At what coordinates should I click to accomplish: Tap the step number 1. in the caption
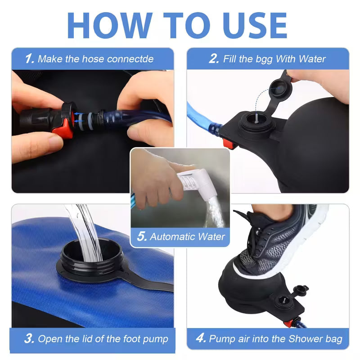[29, 59]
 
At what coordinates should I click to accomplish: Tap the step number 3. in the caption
[30, 339]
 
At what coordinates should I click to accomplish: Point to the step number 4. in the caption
[201, 339]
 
